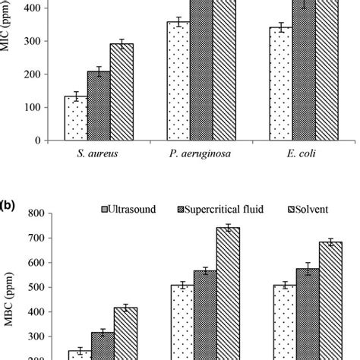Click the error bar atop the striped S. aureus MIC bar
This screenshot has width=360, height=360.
click(122, 43)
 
